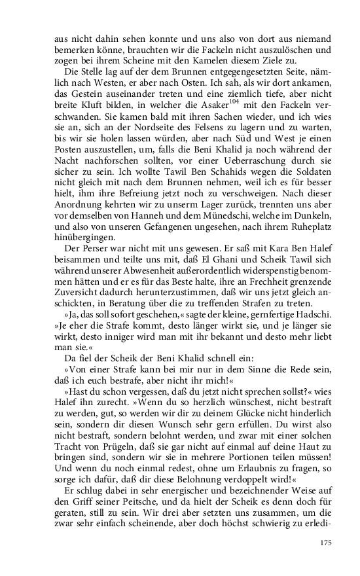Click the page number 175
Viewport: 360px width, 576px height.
325,543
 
